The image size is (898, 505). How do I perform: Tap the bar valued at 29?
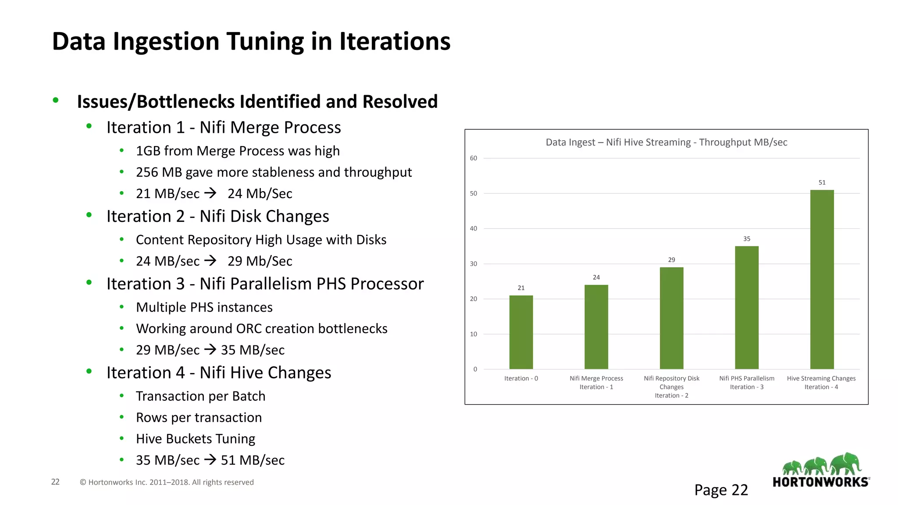coord(671,318)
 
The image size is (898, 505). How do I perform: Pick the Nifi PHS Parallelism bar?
coord(747,308)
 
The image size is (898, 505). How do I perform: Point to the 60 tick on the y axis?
coord(474,158)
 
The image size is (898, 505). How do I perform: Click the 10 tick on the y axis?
coord(474,334)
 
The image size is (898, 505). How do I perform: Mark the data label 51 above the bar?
coord(822,182)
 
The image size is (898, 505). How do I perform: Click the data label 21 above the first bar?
coord(521,288)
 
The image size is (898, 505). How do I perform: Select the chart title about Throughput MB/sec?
coord(666,142)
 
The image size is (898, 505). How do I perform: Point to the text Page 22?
coord(721,490)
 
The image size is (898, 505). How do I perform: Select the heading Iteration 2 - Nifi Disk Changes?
coord(217,217)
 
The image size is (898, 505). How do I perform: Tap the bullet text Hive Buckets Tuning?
coord(196,439)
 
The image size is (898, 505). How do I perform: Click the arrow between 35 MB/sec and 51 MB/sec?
coord(210,460)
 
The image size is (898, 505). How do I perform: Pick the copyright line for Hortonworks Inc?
coord(167,482)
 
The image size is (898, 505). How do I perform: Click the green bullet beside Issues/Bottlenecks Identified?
coord(56,100)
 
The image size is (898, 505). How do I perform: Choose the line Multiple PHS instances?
coord(204,307)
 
